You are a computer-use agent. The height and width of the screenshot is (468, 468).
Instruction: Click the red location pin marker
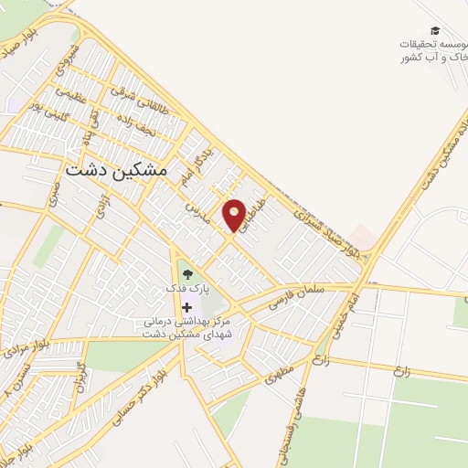(x=235, y=214)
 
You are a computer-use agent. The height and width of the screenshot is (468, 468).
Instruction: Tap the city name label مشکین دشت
(x=117, y=170)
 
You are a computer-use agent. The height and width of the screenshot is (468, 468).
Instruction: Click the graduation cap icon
(x=434, y=30)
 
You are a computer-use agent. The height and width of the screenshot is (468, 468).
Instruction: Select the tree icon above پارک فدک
(x=186, y=271)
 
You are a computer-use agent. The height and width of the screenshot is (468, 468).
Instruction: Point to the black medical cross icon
(x=187, y=308)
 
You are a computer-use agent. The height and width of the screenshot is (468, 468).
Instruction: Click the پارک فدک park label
(x=187, y=287)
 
